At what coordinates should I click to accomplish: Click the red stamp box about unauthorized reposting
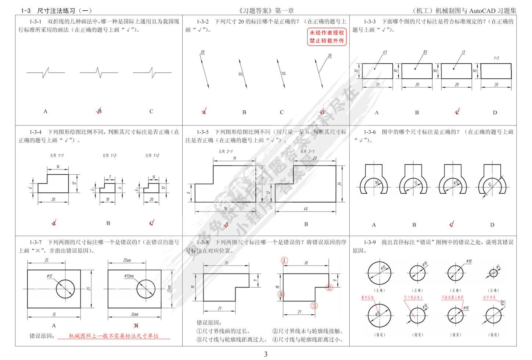pos(327,37)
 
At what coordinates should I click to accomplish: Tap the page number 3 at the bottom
pos(266,354)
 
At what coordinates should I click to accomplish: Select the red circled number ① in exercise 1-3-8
pos(284,260)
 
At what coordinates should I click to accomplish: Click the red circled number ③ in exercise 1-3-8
pos(314,305)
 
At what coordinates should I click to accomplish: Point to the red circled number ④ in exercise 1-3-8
pos(281,294)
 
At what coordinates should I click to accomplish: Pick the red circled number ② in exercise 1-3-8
pos(329,288)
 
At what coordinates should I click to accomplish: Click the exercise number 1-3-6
pos(370,132)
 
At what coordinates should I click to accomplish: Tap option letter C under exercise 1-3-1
pos(151,111)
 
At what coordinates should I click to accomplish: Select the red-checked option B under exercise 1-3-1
pos(99,111)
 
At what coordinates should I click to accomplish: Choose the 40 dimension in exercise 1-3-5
pos(306,209)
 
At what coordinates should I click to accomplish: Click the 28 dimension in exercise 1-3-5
pos(314,158)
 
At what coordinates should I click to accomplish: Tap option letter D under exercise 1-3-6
pos(492,225)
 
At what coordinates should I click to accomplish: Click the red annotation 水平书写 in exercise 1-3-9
pos(489,297)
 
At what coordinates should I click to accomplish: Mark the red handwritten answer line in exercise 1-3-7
pos(114,336)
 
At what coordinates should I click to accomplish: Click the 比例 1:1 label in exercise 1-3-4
pos(57,156)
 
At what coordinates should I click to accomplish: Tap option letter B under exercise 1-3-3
pos(417,113)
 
